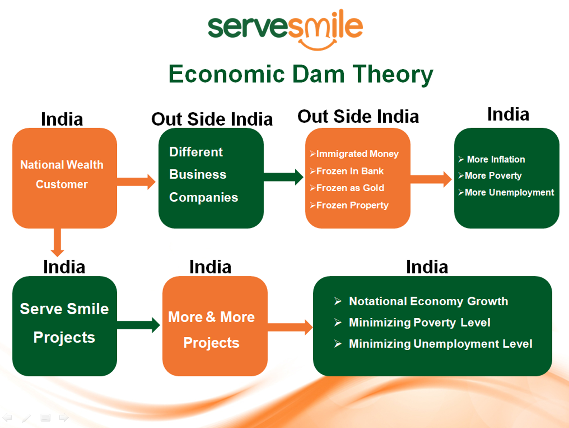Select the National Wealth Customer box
[65, 178]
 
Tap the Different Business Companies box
[211, 178]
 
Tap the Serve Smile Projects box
[65, 326]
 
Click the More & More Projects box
[215, 326]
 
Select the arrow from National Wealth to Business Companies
[136, 182]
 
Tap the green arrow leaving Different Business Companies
[283, 177]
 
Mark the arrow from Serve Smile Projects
[138, 325]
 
